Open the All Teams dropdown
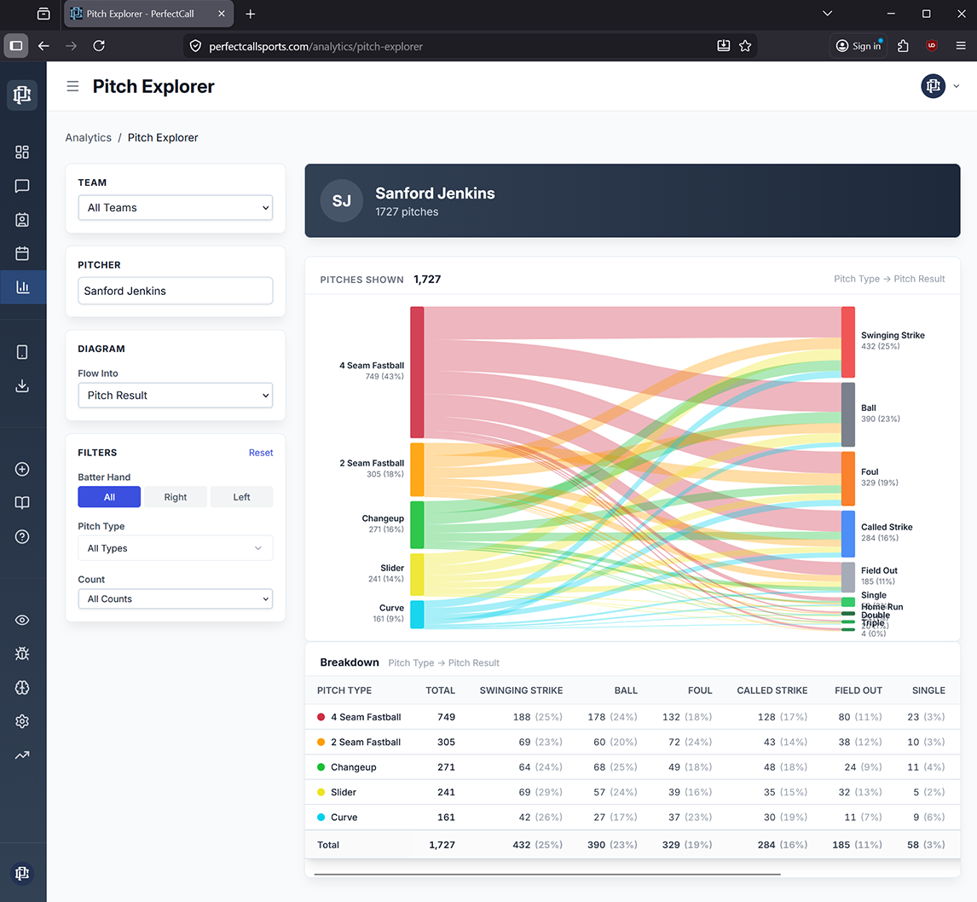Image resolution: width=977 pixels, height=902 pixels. click(175, 208)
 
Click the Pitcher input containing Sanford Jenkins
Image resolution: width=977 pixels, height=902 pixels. click(175, 291)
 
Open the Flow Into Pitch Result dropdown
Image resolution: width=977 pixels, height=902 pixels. click(175, 396)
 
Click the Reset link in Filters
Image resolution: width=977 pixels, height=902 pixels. click(261, 453)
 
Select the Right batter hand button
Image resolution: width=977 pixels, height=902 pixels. click(176, 497)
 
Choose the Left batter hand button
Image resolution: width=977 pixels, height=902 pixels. click(241, 497)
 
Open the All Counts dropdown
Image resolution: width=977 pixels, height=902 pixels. click(175, 599)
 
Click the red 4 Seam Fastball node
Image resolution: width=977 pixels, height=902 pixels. click(417, 373)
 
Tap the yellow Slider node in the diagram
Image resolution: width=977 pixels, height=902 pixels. click(417, 574)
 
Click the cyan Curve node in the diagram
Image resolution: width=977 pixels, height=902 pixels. click(417, 614)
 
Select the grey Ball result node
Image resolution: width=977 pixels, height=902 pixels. click(847, 414)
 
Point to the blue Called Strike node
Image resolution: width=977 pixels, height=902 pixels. click(847, 534)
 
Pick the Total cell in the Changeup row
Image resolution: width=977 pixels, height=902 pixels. click(446, 767)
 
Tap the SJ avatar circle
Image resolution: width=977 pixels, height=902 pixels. click(342, 201)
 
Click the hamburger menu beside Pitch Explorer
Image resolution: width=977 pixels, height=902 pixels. click(73, 86)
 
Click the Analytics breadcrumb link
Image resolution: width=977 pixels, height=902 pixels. click(89, 137)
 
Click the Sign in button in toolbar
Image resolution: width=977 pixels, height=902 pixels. click(858, 46)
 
